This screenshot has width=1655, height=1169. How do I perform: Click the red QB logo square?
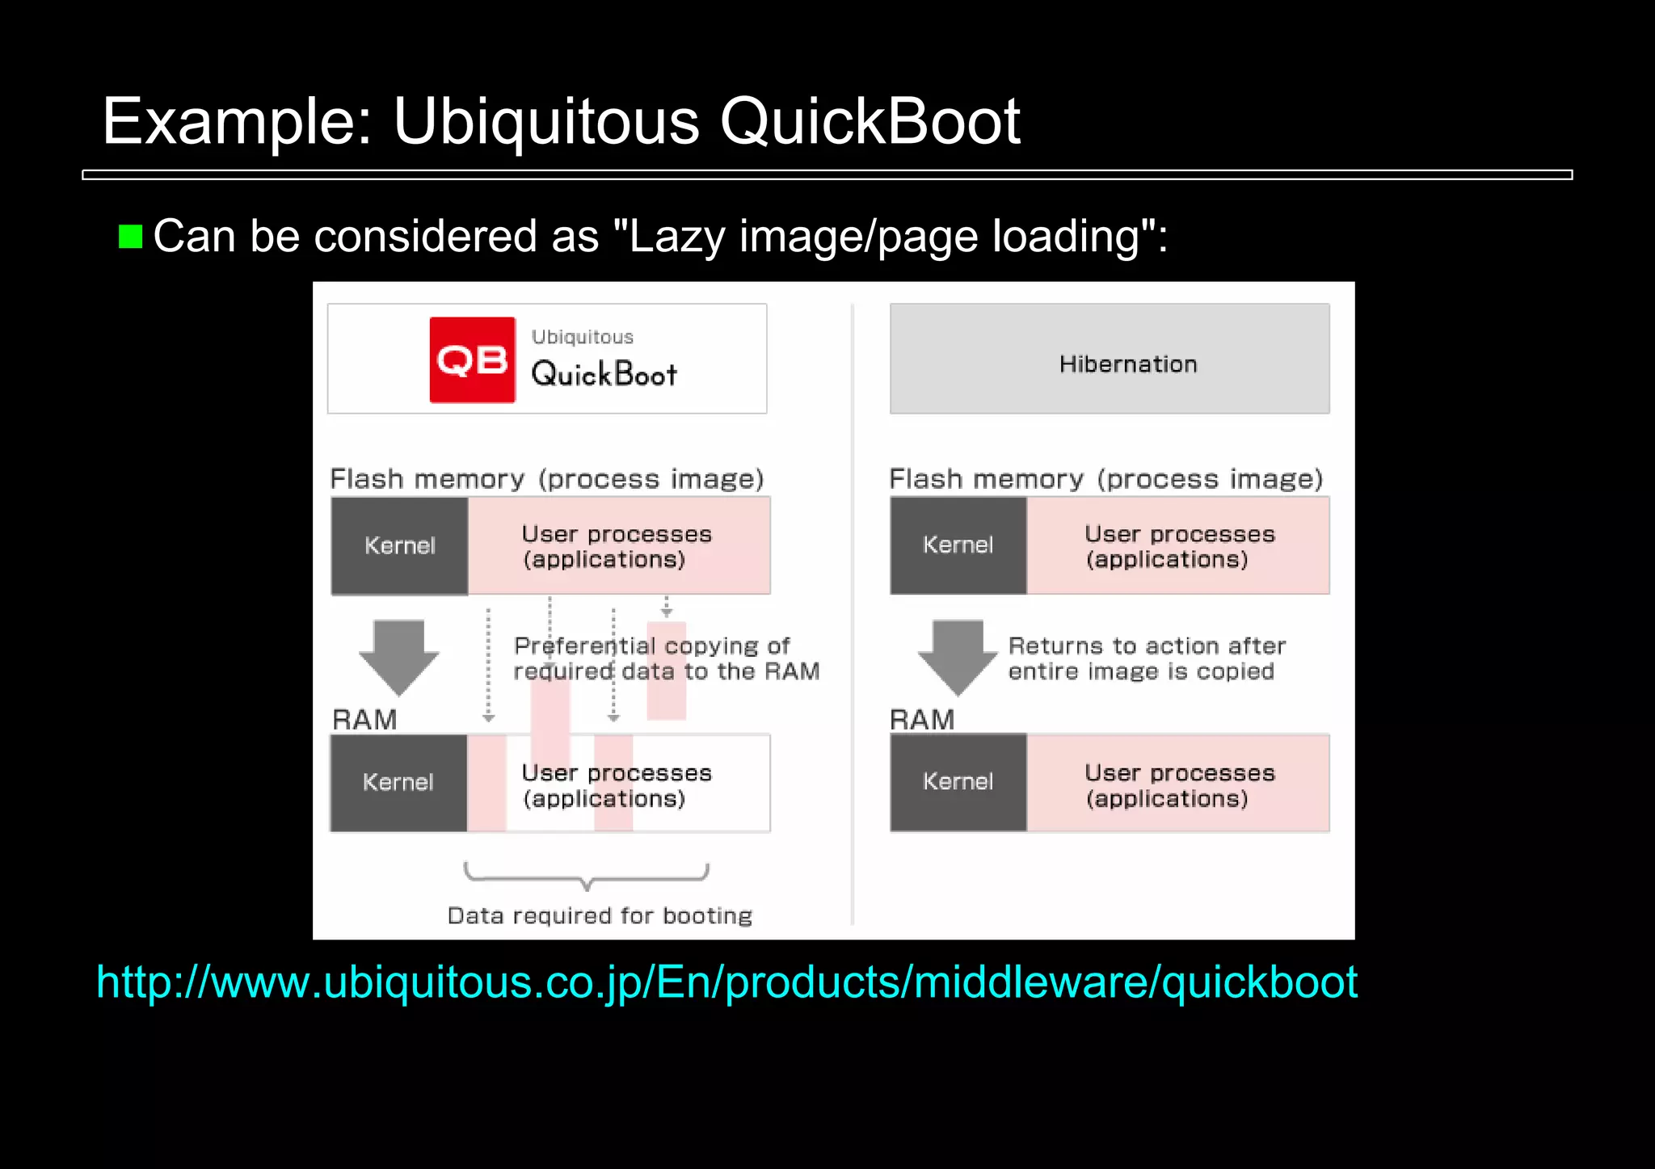(x=472, y=360)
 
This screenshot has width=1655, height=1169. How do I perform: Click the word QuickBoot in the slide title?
(x=870, y=121)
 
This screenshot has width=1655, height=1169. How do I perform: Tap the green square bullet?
(x=130, y=237)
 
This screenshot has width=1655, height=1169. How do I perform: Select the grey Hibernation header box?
(x=1109, y=360)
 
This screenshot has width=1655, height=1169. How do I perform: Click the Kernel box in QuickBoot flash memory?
(x=399, y=545)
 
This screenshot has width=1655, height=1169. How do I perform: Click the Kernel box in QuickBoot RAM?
(x=398, y=782)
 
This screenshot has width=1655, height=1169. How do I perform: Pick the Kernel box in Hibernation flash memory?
(x=958, y=545)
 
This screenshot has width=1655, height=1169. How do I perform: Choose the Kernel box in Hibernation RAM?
(x=958, y=782)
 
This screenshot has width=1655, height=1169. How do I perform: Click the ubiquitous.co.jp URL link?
(x=726, y=982)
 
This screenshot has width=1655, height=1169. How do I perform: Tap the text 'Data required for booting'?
(x=600, y=915)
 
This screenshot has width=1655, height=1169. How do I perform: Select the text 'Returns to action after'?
(x=1146, y=645)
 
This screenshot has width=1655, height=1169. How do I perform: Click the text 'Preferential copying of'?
(x=651, y=645)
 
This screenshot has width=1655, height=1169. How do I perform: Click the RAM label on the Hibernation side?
(x=922, y=719)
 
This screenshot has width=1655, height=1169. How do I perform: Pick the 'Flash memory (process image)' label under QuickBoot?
(x=546, y=479)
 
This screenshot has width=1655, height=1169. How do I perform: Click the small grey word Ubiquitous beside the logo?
(x=582, y=337)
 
